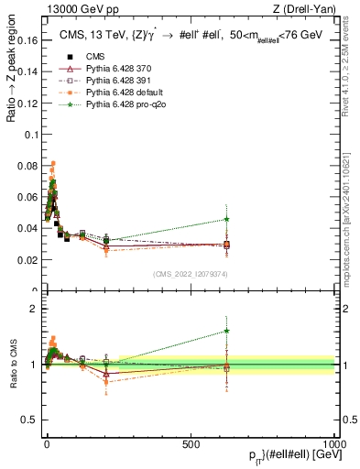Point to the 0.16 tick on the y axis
click(27, 41)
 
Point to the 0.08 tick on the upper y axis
click(27, 167)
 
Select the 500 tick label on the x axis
click(191, 442)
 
